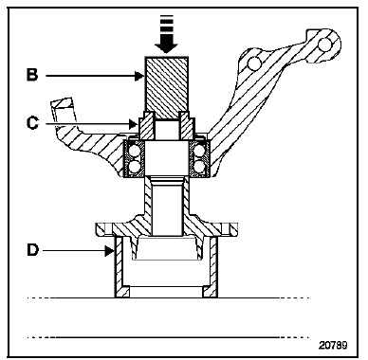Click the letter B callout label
tap(32, 75)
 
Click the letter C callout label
tap(32, 122)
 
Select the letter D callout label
tap(32, 250)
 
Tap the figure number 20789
tap(333, 345)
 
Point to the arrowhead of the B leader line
tap(139, 76)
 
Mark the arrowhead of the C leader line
tap(134, 123)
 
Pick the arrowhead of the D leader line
tap(109, 251)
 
